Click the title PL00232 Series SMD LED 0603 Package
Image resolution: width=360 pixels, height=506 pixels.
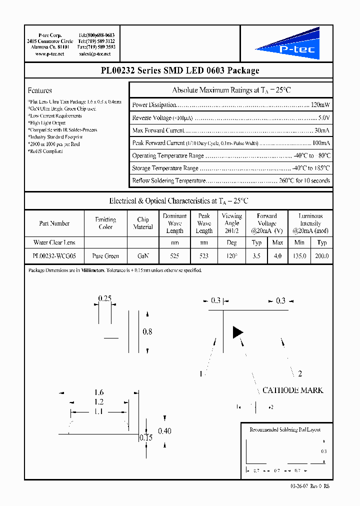click(x=179, y=70)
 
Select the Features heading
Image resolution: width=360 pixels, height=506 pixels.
click(x=40, y=90)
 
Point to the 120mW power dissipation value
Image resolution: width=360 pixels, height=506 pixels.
click(x=320, y=105)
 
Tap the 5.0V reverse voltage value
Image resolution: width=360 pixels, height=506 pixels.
click(x=323, y=117)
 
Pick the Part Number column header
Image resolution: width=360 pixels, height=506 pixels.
click(x=54, y=223)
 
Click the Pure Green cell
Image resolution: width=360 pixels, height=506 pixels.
click(x=105, y=256)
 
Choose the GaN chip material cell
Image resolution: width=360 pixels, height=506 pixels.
click(x=143, y=256)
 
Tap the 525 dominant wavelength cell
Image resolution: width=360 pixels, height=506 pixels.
click(x=174, y=256)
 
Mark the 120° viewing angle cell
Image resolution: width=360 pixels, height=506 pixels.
click(x=231, y=256)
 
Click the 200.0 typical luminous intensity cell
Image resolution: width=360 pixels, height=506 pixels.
click(x=321, y=256)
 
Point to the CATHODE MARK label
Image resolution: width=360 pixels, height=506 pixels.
click(x=292, y=390)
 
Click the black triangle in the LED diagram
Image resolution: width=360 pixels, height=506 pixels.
click(x=237, y=332)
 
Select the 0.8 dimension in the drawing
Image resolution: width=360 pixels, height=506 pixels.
click(x=147, y=331)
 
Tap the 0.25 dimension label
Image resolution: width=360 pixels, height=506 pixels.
click(x=105, y=298)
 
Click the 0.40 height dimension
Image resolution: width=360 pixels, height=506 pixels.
click(x=164, y=431)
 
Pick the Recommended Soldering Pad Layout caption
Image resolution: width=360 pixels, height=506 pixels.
click(x=285, y=429)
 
